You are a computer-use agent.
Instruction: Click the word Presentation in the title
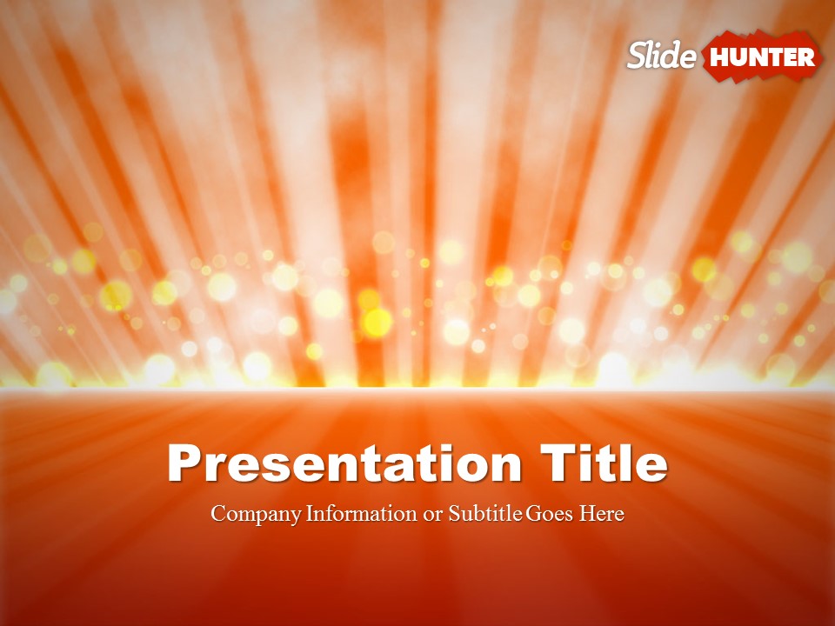click(344, 463)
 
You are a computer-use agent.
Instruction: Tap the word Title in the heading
click(604, 463)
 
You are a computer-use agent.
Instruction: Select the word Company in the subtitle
click(256, 514)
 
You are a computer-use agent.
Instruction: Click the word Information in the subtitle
click(362, 513)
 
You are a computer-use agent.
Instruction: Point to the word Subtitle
click(485, 513)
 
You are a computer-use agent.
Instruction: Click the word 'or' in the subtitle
click(433, 516)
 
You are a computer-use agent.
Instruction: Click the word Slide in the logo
click(662, 55)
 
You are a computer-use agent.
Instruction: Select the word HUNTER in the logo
click(762, 57)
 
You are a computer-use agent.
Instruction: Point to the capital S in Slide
click(638, 56)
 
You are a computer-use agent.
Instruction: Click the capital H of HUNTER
click(719, 57)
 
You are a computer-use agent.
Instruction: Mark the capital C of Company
click(218, 513)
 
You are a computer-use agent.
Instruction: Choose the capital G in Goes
click(534, 513)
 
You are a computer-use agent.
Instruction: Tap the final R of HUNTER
click(806, 57)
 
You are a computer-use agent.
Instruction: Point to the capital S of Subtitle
click(454, 513)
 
